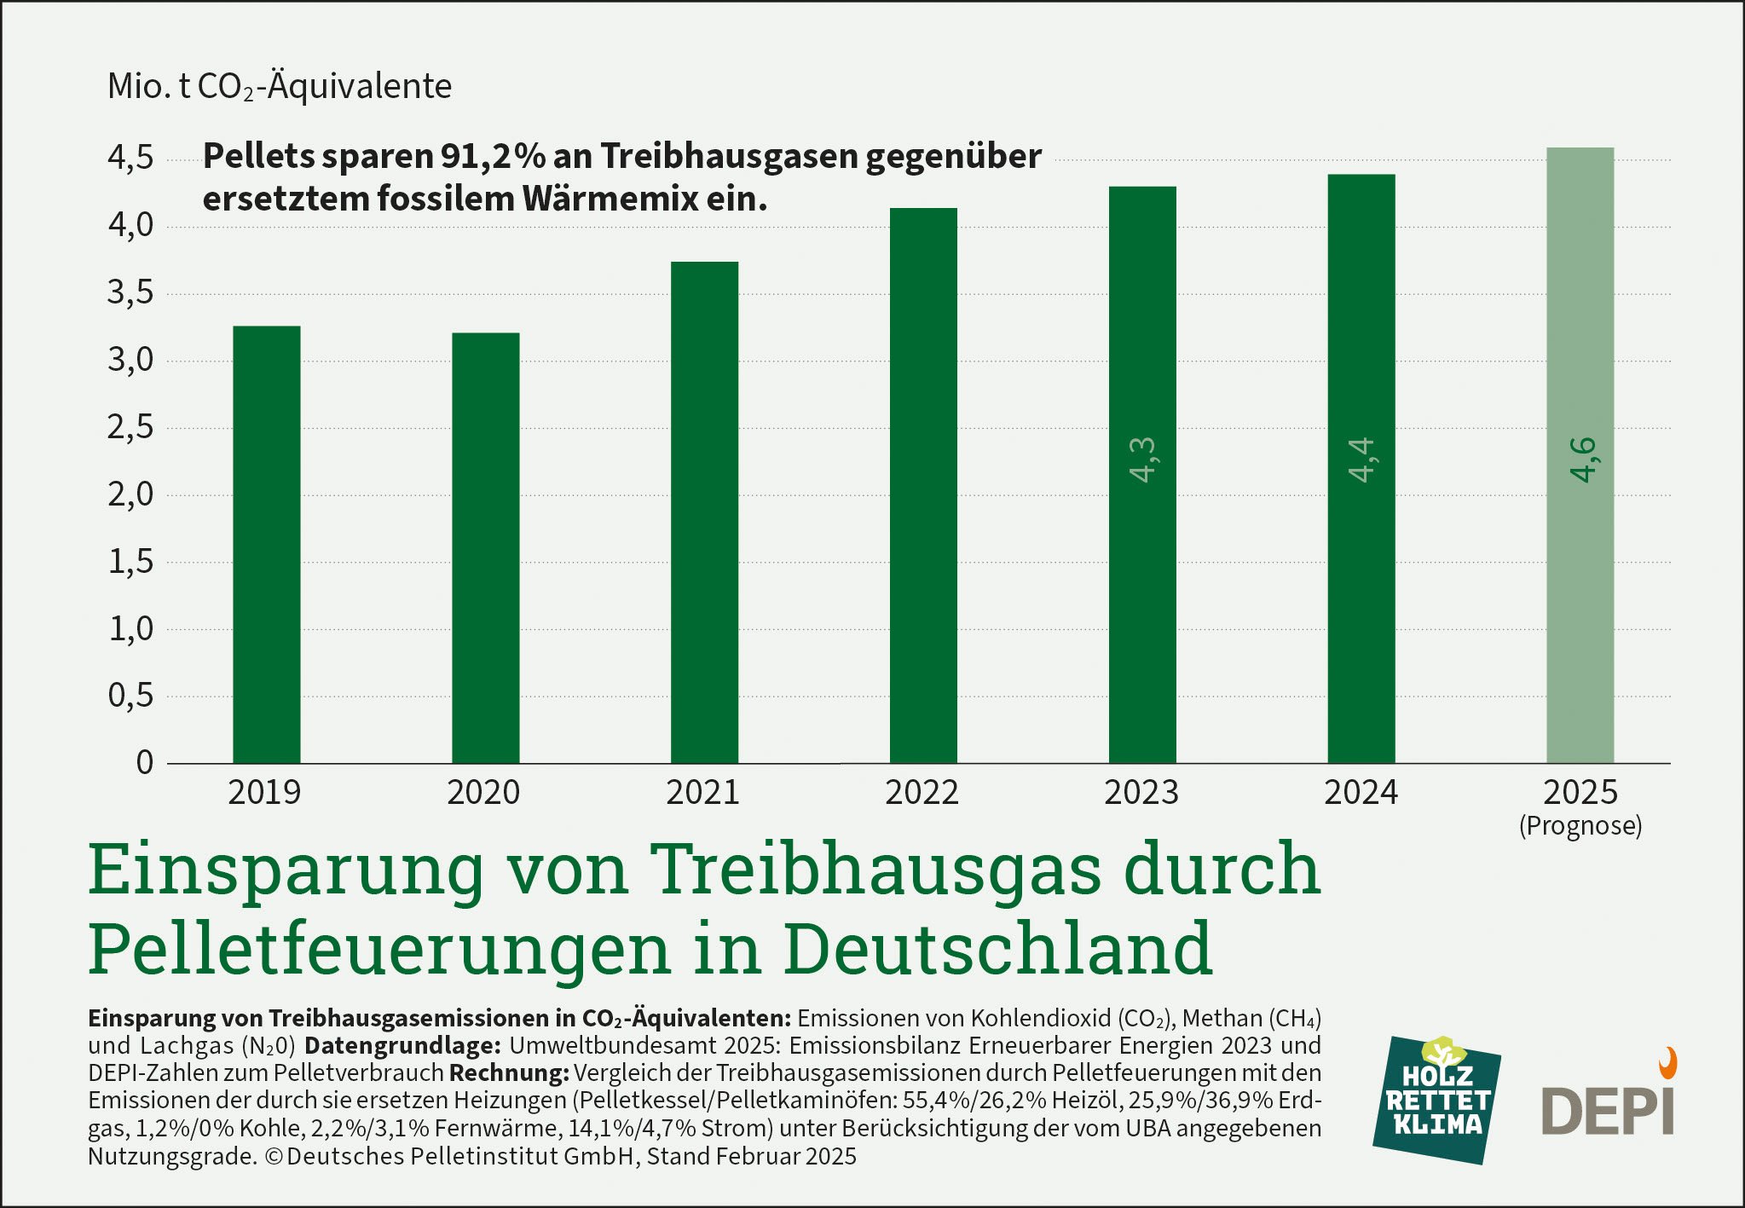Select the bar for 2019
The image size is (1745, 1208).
266,546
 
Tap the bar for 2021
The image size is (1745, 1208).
704,512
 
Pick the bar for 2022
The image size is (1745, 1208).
923,486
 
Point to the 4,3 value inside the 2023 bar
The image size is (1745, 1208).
1142,460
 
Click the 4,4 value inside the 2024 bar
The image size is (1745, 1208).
1361,460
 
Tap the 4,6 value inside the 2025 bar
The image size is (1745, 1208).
1581,460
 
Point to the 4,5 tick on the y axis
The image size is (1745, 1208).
130,159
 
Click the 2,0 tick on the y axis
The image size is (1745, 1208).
130,494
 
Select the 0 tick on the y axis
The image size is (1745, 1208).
145,762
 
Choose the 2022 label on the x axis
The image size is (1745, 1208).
922,793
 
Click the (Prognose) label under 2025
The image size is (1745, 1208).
1580,825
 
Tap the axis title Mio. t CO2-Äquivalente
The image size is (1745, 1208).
280,87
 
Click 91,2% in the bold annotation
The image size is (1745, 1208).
492,157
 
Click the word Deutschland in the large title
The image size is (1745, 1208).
997,948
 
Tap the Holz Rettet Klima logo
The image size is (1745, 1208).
1436,1100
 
